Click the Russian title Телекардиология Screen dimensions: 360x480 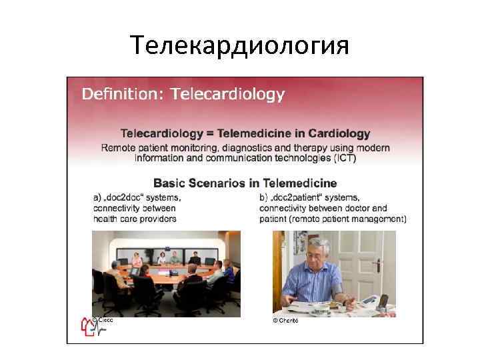point(239,45)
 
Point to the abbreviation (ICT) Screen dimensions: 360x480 point(339,159)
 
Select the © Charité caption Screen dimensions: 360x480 point(285,321)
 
